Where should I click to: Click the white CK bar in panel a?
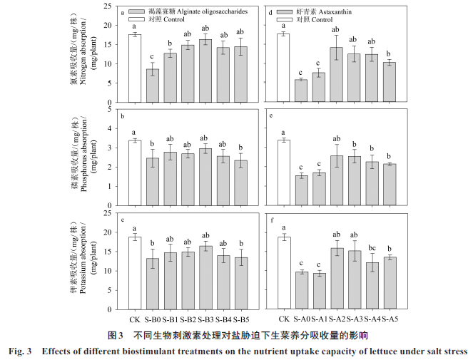(x=135, y=68)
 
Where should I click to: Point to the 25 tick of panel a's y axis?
(x=107, y=6)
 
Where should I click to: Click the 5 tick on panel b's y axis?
(x=109, y=109)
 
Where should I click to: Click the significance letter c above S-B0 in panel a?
(x=151, y=57)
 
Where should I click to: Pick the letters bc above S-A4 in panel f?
(x=372, y=249)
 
